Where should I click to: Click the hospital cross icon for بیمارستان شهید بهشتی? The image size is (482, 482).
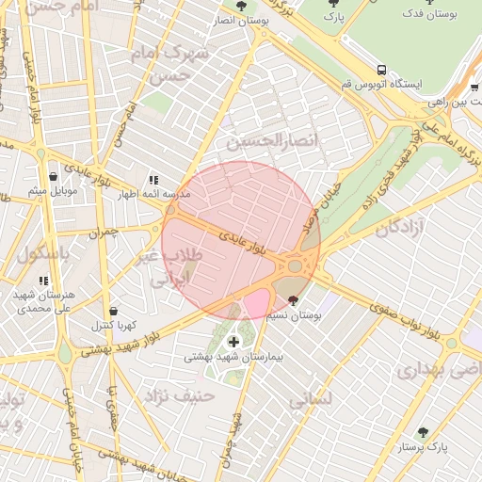(x=233, y=341)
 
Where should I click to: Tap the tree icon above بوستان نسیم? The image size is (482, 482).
(x=294, y=300)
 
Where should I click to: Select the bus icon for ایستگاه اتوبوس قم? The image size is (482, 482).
(x=381, y=70)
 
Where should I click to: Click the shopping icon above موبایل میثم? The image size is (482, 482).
(x=51, y=176)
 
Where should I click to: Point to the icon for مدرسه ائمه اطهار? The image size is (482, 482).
(x=153, y=180)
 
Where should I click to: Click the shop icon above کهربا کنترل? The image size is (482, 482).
(x=113, y=311)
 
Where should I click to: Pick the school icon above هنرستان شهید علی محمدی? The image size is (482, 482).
(x=43, y=280)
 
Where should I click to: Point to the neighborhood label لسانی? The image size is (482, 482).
(x=311, y=400)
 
